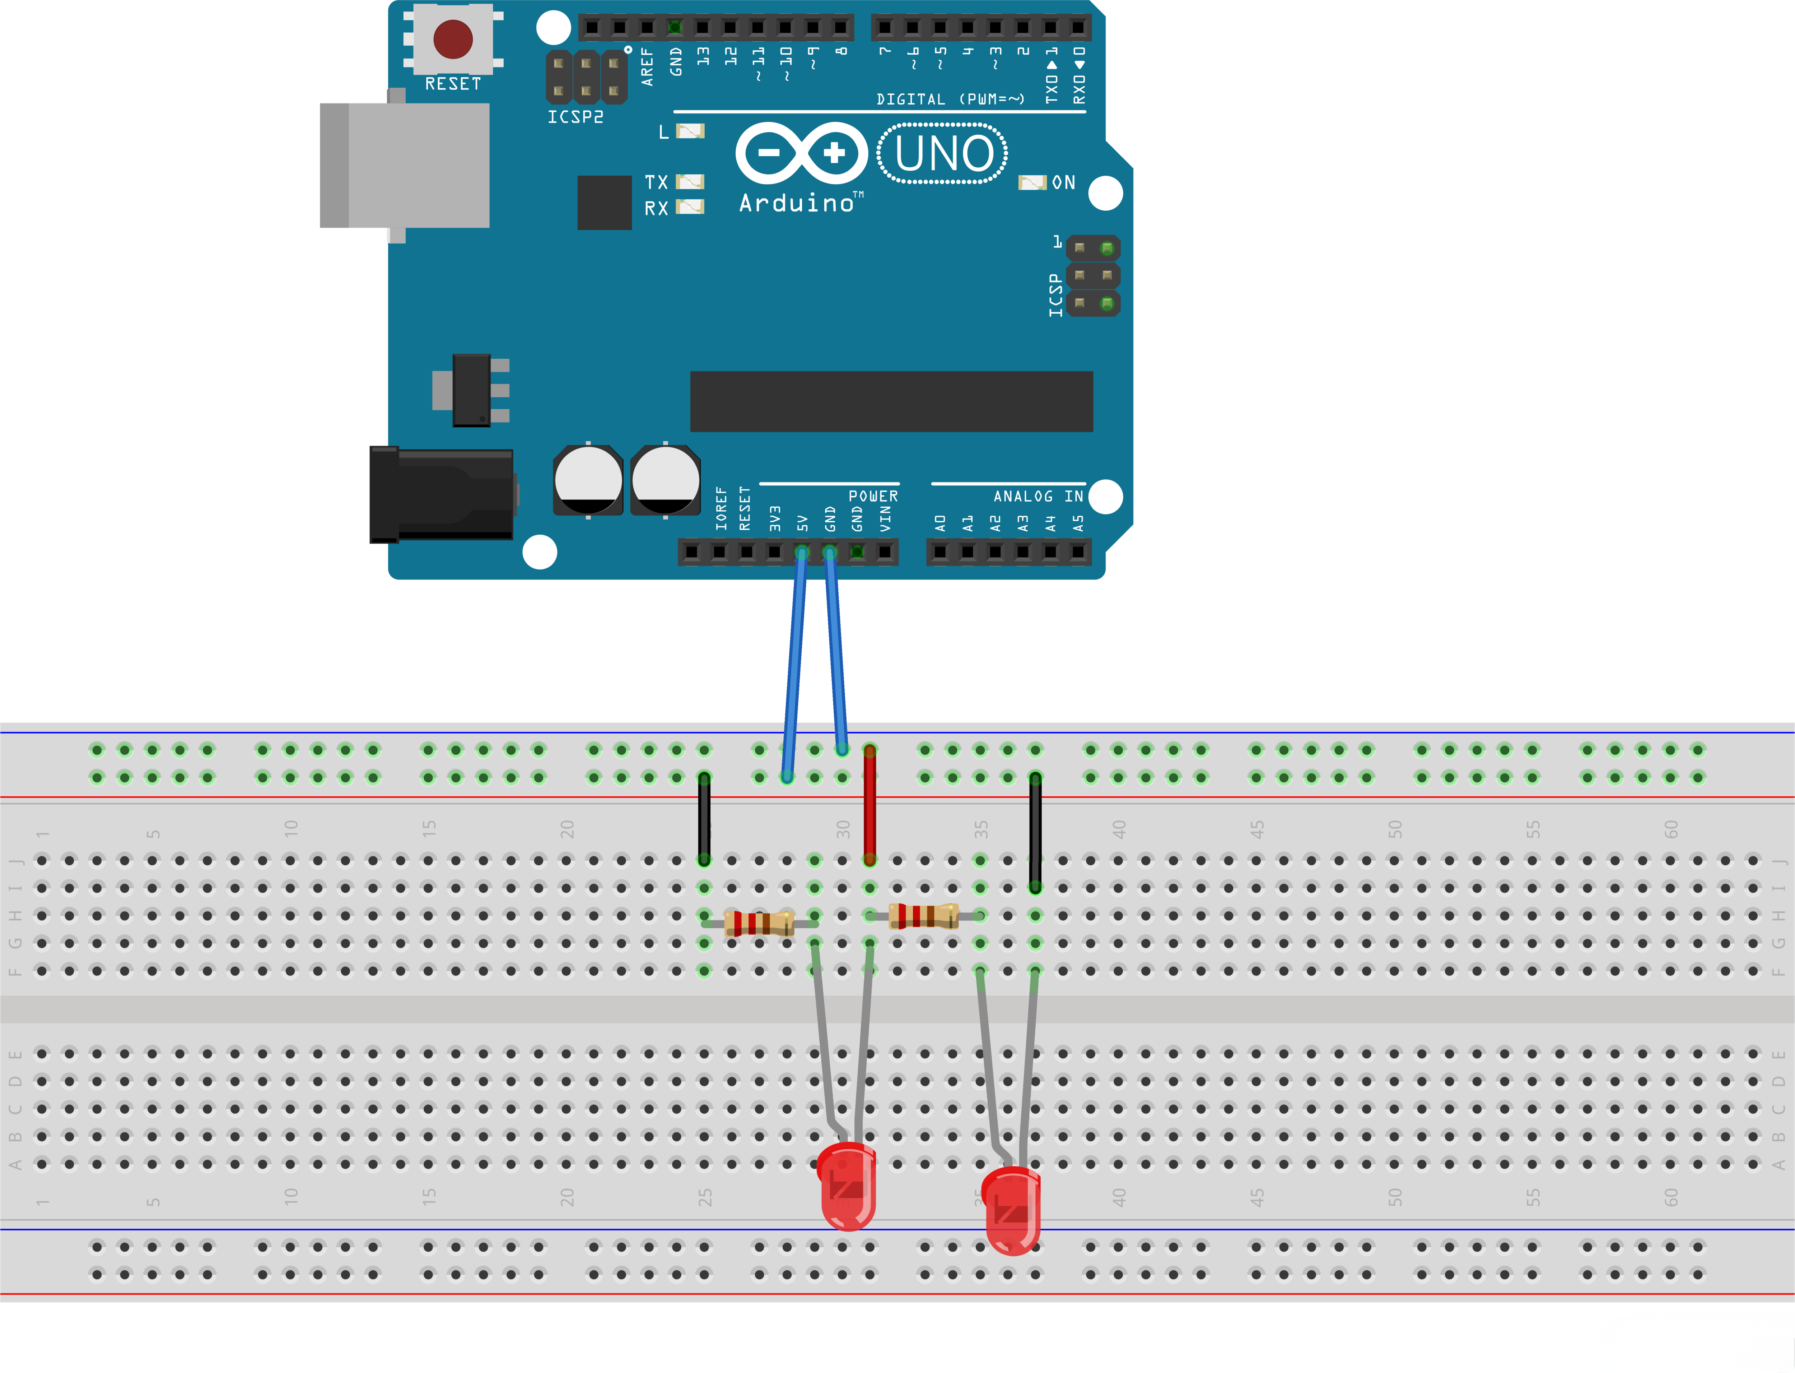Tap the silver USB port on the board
405,165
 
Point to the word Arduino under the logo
797,203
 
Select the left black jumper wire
703,817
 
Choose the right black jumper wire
1035,832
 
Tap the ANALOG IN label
1038,496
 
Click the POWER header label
873,496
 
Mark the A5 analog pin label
1078,523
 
